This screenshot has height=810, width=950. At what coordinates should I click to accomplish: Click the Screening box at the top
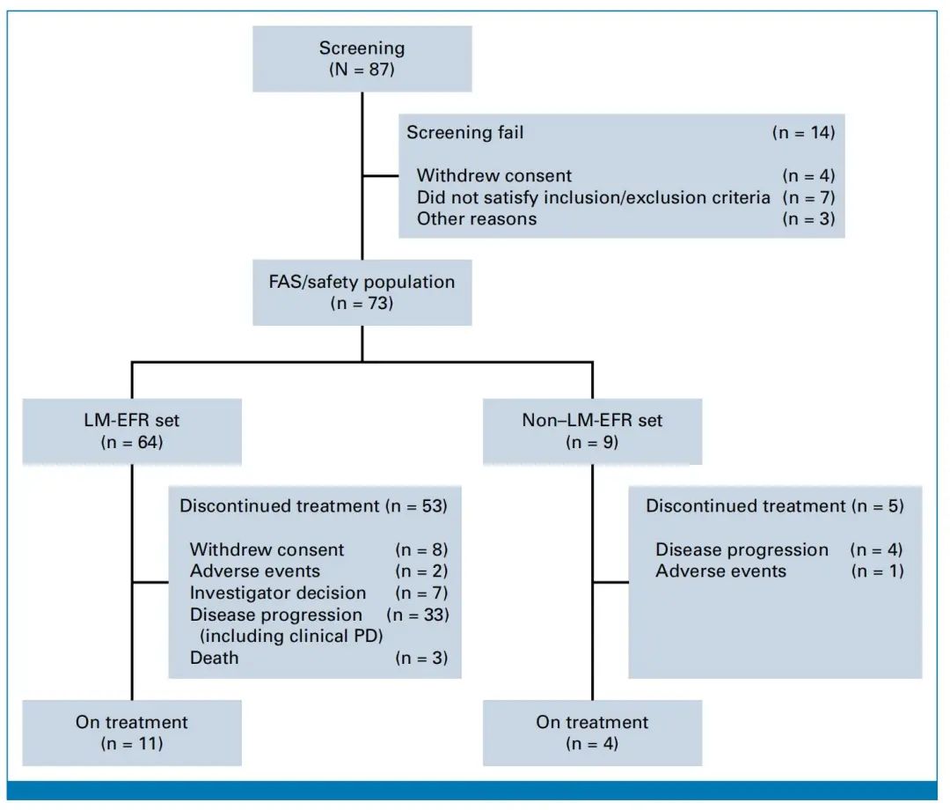pos(362,59)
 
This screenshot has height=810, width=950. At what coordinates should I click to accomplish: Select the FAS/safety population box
pos(362,292)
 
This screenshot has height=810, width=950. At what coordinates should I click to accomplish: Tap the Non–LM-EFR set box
pos(593,431)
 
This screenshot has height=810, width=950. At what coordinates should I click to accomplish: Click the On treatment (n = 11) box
pos(132,733)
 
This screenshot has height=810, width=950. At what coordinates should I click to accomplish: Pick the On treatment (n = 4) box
pos(593,733)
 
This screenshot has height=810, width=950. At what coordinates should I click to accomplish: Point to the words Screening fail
pos(464,132)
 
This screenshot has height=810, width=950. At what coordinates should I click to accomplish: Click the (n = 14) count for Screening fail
pos(803,132)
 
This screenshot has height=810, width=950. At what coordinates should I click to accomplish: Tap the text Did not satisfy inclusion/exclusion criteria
pos(593,197)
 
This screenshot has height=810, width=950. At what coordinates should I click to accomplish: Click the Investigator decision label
pos(278,593)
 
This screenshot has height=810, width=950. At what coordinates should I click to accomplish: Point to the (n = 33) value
pos(418,615)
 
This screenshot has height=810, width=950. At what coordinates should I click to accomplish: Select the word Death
pos(214,658)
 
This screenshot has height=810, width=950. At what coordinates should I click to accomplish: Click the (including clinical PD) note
pos(291,636)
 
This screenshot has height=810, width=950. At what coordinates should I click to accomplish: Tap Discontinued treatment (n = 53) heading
pos(313,505)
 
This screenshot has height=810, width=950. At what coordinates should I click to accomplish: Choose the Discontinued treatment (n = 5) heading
pos(775,505)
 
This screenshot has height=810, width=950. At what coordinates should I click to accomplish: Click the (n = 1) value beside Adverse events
pos(877,571)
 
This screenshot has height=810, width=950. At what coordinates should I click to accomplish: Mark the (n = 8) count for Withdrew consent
pos(421,549)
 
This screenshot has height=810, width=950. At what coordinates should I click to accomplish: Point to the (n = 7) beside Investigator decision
pos(421,593)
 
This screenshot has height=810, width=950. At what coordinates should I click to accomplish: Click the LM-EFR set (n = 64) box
pos(132,431)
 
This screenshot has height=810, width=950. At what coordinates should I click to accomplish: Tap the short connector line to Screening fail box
pos(381,176)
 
